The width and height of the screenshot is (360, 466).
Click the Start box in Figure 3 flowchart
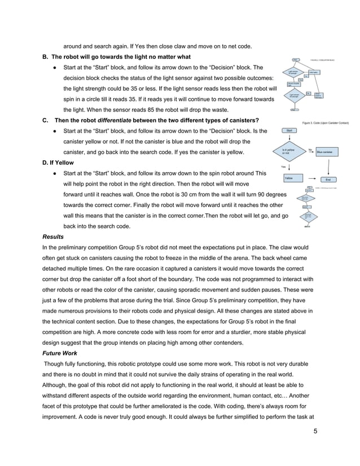289,130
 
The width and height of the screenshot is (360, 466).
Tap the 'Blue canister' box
327,152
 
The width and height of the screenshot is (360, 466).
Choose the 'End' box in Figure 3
328,179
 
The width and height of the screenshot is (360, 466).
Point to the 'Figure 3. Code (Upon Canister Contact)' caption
325,122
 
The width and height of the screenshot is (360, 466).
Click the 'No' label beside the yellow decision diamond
311,150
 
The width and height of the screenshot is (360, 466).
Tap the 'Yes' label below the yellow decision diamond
284,167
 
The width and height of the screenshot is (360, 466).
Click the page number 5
315,432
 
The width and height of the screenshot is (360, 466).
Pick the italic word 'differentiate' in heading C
117,120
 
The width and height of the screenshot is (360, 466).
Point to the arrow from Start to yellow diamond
289,139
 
